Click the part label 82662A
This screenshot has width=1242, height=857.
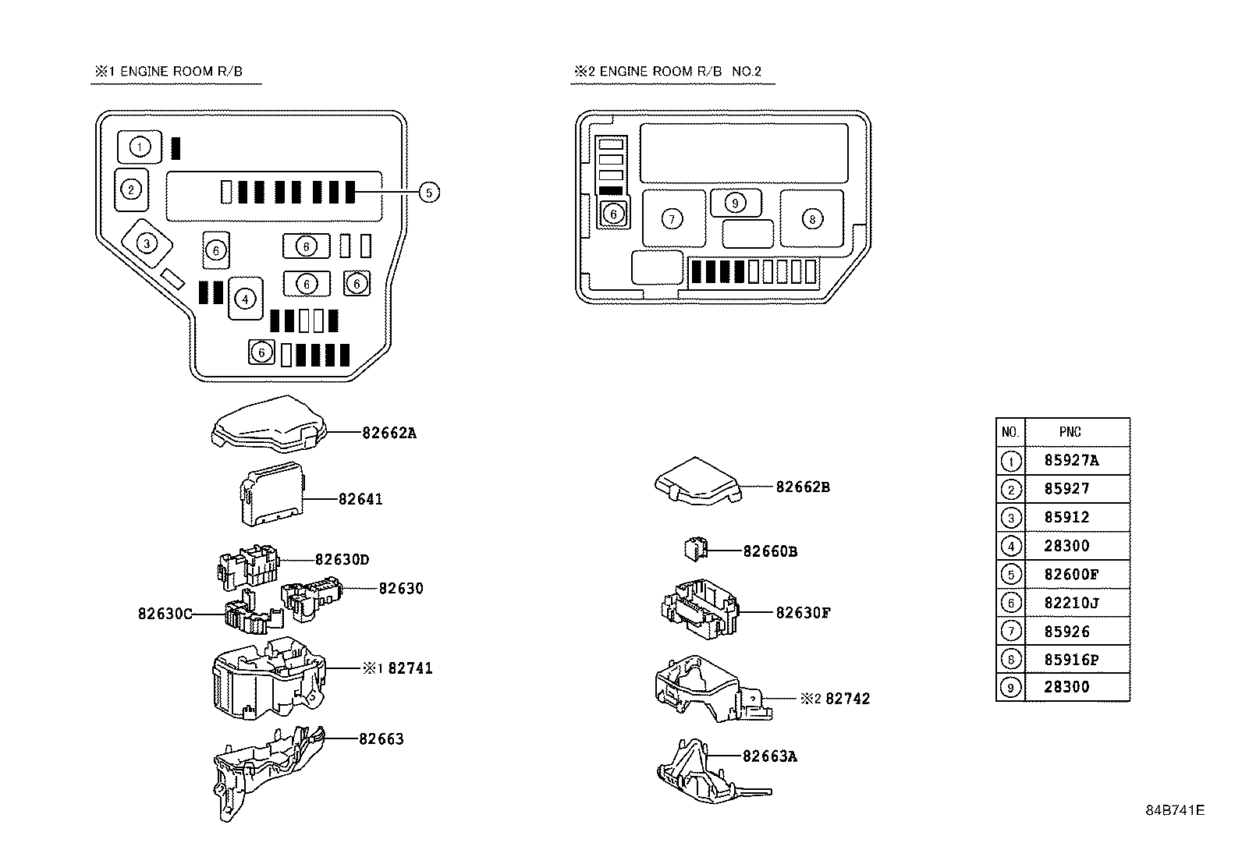pos(389,433)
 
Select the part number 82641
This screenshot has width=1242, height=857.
pos(360,499)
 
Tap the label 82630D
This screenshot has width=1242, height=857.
pos(342,560)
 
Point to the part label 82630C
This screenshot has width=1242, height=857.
pos(165,614)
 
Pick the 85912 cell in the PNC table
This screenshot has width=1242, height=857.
pos(1066,517)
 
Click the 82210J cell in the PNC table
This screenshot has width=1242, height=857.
pos(1071,603)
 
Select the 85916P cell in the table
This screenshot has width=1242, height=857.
pos(1071,660)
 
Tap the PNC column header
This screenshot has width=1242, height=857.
pos(1070,431)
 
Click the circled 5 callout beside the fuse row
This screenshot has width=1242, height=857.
pos(429,192)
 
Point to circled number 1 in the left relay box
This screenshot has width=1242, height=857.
pos(140,147)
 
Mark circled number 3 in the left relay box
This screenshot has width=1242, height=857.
pos(147,243)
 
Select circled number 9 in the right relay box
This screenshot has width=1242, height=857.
pos(735,203)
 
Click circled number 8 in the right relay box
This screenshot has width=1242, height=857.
pos(812,219)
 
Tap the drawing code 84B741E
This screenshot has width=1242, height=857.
pos(1175,809)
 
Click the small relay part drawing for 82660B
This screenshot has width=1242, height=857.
pos(694,549)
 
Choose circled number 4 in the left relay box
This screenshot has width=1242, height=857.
pos(245,298)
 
